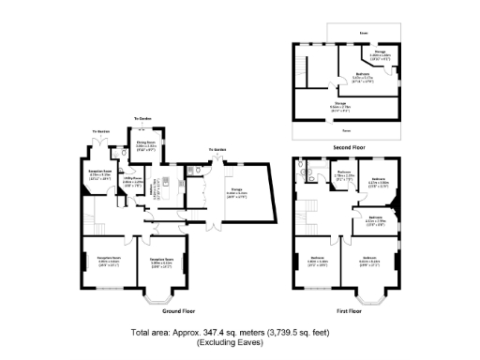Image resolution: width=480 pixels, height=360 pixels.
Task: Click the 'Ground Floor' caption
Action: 177,310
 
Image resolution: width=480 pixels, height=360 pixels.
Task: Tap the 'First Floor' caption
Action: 348,310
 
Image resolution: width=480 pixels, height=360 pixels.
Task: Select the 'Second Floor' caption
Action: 348,147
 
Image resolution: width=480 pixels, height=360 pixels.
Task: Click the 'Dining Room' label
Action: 146,143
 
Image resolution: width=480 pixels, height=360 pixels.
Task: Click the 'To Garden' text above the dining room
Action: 142,118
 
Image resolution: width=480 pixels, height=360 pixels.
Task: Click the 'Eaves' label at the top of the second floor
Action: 363,34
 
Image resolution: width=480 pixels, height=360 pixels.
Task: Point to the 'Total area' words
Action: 151,333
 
